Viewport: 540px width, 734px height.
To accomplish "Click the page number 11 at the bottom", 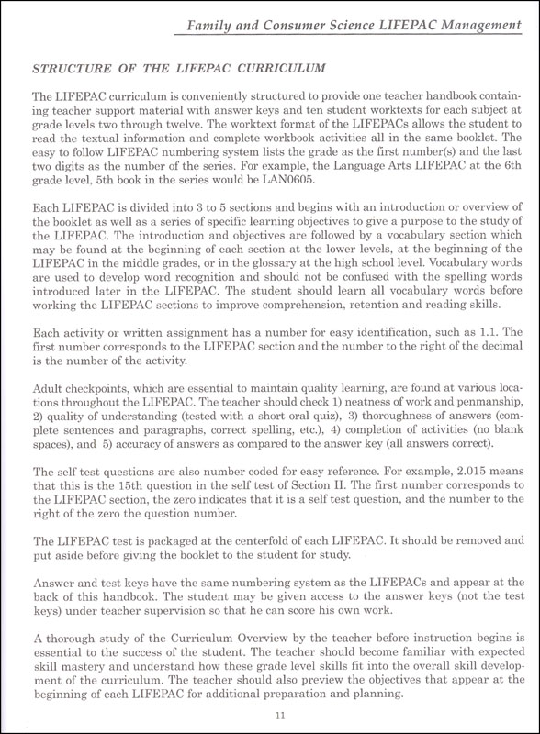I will coord(270,717).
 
